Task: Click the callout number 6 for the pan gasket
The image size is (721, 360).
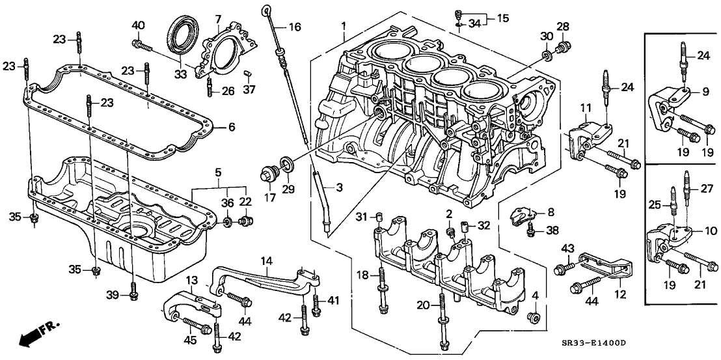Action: (x=231, y=127)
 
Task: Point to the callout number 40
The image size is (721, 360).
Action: (x=137, y=25)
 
